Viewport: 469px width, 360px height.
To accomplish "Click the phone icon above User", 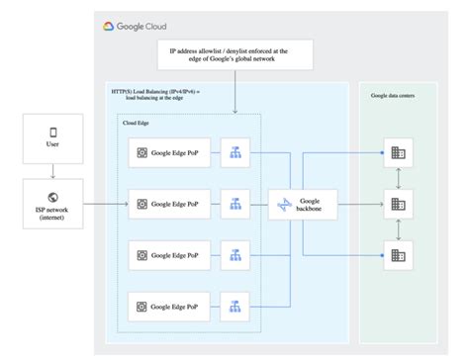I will (x=52, y=132).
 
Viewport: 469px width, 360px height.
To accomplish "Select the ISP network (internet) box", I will (x=52, y=203).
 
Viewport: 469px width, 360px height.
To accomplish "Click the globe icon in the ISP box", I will (x=52, y=196).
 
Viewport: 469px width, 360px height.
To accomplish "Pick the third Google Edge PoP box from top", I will (x=170, y=254).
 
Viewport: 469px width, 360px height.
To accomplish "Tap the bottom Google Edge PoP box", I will (x=170, y=306).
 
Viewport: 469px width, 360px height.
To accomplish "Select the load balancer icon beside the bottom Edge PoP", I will (x=235, y=306).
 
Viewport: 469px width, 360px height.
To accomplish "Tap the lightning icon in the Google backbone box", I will (x=285, y=204).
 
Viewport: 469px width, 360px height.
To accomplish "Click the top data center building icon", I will (x=398, y=152).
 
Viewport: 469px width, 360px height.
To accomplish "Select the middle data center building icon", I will (x=398, y=204).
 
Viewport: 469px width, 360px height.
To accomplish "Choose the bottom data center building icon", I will (x=398, y=254).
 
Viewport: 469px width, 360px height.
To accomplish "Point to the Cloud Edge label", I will (x=137, y=123).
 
